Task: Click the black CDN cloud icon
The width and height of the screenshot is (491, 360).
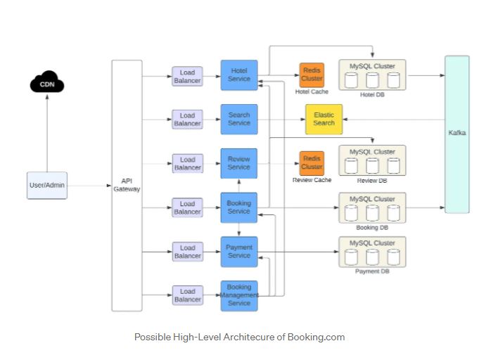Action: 47,85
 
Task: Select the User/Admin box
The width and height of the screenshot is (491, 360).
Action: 47,185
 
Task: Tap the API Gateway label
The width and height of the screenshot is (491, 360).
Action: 127,185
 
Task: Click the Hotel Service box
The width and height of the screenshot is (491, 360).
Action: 239,75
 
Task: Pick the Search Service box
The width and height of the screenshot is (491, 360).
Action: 239,119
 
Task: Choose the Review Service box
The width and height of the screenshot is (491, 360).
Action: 239,163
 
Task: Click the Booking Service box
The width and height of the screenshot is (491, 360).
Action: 239,207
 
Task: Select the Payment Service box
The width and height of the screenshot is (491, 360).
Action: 239,251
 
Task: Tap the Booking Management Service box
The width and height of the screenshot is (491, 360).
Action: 239,295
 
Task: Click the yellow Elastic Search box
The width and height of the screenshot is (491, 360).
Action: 324,119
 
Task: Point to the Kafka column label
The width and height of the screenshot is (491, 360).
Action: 457,132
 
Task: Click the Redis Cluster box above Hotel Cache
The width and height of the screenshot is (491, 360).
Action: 312,75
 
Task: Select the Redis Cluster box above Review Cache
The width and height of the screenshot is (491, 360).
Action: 312,163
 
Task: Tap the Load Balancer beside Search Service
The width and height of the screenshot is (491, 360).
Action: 187,120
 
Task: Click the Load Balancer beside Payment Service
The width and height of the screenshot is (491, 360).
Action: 187,252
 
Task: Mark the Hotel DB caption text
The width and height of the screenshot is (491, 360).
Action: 372,95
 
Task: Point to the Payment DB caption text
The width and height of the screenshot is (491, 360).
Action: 372,271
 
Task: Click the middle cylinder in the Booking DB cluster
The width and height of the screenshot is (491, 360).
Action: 373,214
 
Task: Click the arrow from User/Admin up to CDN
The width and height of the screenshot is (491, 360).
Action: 47,134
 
